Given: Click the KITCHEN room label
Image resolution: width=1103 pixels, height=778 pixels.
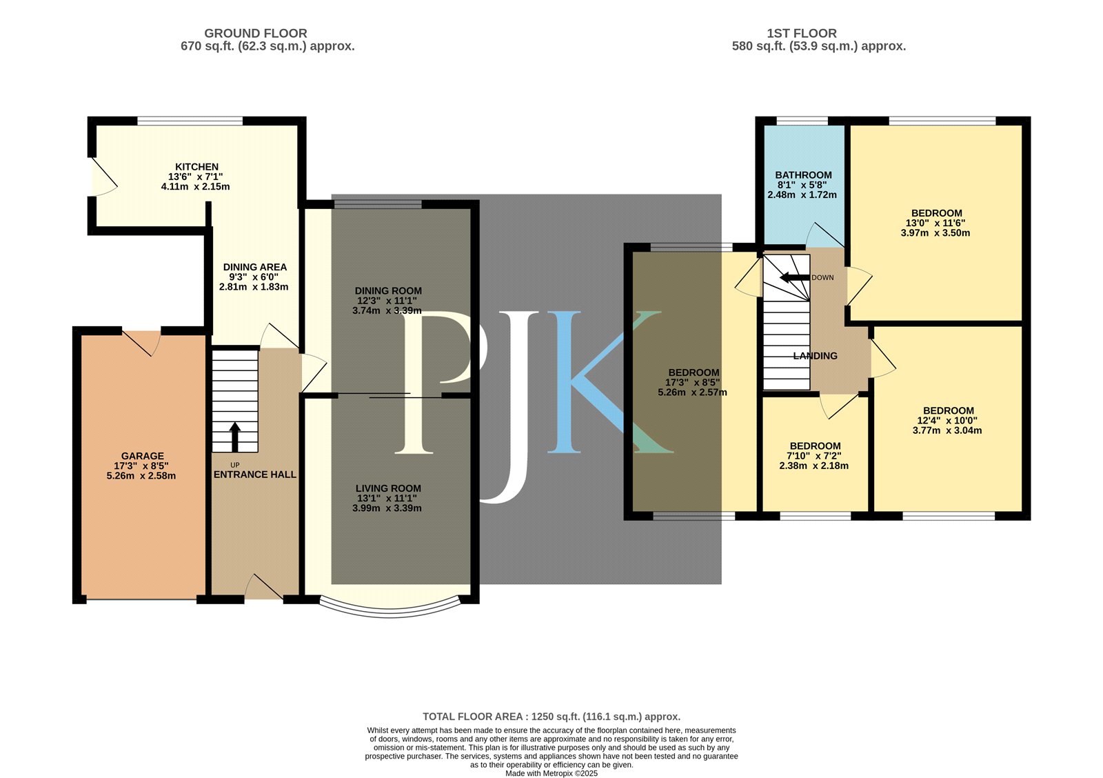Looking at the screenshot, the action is [x=197, y=167].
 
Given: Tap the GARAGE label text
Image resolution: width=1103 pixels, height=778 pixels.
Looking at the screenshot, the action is [x=143, y=457].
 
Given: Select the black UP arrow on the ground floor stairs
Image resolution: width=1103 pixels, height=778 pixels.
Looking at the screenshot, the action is [x=235, y=437].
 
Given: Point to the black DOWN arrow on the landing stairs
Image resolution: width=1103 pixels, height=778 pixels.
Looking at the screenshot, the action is [x=795, y=277].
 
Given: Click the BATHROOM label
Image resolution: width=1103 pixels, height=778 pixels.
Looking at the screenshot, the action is [x=804, y=175].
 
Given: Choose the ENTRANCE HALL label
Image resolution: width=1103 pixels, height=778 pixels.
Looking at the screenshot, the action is [x=255, y=475].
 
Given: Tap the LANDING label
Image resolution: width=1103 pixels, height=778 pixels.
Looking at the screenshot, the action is [x=816, y=356].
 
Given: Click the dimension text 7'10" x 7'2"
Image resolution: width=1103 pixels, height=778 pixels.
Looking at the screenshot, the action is [x=814, y=457].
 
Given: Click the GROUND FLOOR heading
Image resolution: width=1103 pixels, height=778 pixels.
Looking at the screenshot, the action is [x=256, y=34].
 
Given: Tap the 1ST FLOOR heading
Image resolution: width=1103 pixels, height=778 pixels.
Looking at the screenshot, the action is [x=802, y=34].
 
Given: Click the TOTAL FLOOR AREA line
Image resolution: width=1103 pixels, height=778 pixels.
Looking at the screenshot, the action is [x=551, y=717].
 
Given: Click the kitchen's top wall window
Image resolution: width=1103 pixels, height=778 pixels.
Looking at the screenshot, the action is [x=190, y=121].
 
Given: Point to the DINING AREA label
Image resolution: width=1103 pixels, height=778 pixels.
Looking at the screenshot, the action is [x=255, y=267].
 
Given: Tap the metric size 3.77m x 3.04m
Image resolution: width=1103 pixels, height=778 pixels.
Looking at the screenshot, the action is [x=947, y=430].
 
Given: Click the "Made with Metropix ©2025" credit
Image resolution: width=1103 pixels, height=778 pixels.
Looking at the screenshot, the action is [x=551, y=774].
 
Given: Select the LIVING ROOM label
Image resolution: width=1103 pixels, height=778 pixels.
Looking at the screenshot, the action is [x=389, y=488].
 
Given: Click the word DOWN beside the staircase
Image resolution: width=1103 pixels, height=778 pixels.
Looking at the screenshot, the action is [x=823, y=278].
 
